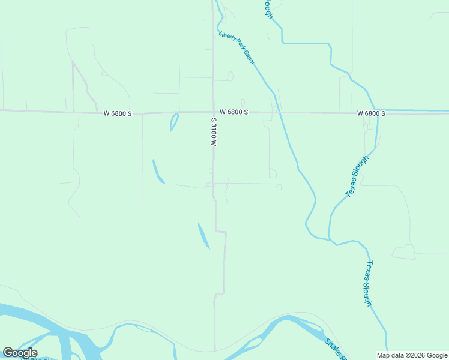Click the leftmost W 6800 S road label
pyautogui.click(x=117, y=113)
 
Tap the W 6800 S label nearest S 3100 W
pyautogui.click(x=234, y=112)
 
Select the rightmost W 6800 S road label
pyautogui.click(x=371, y=113)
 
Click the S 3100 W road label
pyautogui.click(x=213, y=132)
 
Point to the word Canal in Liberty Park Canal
pyautogui.click(x=249, y=57)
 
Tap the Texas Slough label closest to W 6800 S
pyautogui.click(x=360, y=175)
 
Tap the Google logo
pyautogui.click(x=20, y=353)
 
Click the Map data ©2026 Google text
pyautogui.click(x=412, y=355)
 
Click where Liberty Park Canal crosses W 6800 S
pyautogui.click(x=278, y=112)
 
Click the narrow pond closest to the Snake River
pyautogui.click(x=204, y=235)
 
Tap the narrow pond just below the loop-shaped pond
pyautogui.click(x=158, y=172)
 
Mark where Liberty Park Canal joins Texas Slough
pyautogui.click(x=328, y=239)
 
